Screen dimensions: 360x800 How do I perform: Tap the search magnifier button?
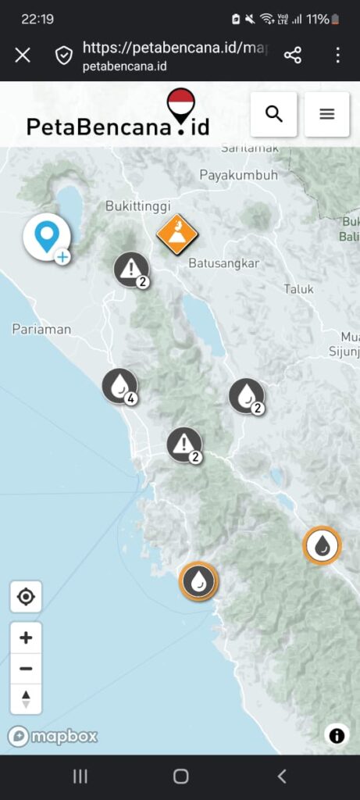point(273,114)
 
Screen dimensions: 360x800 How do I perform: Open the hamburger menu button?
point(326,114)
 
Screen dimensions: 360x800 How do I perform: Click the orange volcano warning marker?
point(177,234)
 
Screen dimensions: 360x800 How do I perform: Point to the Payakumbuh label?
point(238,175)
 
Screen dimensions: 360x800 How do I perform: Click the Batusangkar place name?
point(223,263)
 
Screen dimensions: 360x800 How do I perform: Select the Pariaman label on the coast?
point(41,329)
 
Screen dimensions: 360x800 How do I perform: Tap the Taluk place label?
point(298,289)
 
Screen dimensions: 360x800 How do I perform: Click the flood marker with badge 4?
point(120,386)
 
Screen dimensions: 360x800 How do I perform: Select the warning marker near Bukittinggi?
point(131,270)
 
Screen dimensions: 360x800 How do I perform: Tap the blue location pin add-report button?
point(47,237)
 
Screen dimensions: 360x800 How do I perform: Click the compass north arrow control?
point(26,698)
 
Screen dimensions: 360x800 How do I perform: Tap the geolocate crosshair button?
point(26,597)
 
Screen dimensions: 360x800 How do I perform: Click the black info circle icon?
point(337,735)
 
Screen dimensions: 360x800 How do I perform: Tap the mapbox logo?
point(53,736)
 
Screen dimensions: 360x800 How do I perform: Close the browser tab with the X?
point(23,55)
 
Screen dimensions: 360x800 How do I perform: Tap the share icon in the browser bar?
point(293,55)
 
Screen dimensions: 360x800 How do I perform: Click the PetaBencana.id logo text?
point(117,125)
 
